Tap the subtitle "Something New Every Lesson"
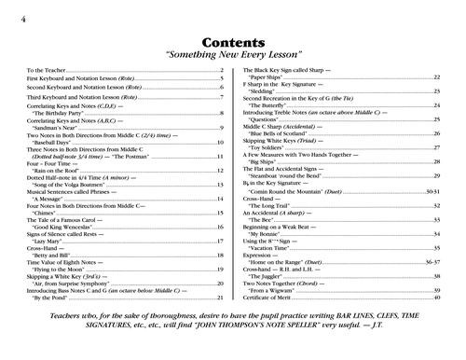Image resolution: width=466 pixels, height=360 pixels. pyautogui.click(x=233, y=55)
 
